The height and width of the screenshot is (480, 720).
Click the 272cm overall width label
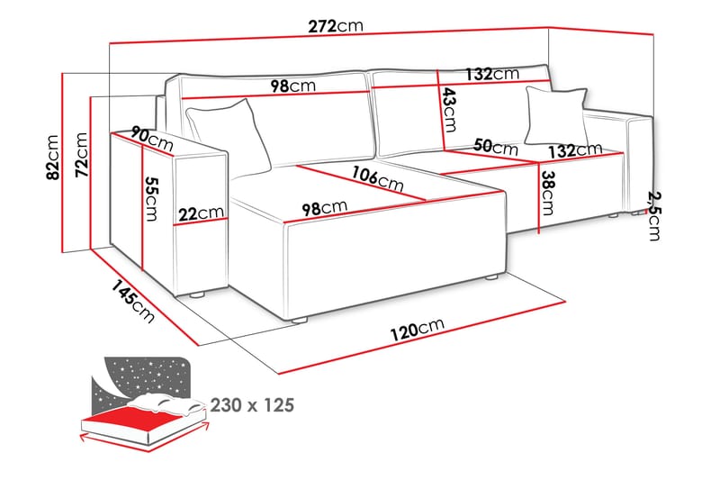click(336, 26)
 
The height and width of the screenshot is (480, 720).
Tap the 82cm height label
click(53, 157)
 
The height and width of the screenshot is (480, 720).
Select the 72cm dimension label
click(81, 155)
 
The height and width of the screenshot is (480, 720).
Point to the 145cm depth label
click(132, 301)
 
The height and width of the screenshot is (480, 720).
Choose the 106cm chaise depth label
click(377, 178)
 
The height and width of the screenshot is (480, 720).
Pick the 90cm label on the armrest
click(152, 139)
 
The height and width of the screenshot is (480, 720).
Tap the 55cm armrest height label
click(151, 198)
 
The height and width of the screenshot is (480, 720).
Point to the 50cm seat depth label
click(496, 147)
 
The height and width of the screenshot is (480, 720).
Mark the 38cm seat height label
click(547, 193)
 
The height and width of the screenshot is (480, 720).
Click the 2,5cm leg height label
click(654, 216)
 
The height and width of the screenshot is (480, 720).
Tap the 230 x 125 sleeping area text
click(252, 405)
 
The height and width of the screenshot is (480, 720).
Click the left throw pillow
click(229, 136)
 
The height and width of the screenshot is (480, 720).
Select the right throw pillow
click(556, 115)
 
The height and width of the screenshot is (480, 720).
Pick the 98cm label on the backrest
click(293, 86)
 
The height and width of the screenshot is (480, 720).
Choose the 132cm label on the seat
click(575, 149)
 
